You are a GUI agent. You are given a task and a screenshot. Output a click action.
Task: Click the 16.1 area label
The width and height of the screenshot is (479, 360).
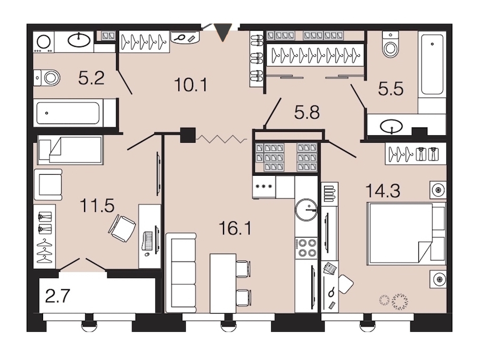(235, 228)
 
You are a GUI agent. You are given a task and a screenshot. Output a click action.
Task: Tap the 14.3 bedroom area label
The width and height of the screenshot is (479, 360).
(383, 191)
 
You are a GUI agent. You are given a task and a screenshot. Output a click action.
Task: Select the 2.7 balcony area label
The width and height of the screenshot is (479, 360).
(57, 296)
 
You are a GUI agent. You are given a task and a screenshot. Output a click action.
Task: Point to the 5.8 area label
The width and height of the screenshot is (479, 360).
(307, 112)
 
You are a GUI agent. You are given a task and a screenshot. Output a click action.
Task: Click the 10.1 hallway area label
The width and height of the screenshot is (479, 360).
(191, 85)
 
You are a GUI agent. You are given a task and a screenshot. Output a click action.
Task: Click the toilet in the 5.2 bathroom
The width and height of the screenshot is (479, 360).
(47, 78)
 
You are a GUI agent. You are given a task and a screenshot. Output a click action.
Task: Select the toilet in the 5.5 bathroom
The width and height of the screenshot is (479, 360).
(390, 45)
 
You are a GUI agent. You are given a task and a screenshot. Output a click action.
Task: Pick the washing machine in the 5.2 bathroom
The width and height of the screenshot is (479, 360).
(44, 42)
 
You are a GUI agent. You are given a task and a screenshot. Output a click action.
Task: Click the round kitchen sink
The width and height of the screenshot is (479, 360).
(306, 210)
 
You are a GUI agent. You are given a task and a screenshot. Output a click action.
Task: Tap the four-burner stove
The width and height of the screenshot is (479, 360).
(307, 248)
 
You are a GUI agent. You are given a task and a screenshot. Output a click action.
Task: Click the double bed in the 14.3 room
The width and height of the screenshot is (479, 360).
(406, 233)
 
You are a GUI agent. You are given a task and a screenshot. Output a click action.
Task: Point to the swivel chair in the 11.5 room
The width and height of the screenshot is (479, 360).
(121, 228)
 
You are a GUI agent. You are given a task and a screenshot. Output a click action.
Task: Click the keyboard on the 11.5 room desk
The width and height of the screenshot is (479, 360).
(148, 241)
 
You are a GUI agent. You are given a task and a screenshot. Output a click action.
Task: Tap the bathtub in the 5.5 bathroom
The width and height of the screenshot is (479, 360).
(432, 64)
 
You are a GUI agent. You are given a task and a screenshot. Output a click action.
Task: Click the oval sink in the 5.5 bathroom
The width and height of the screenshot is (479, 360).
(391, 126)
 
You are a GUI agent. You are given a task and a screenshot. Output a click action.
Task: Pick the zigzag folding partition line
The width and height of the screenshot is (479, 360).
(221, 139)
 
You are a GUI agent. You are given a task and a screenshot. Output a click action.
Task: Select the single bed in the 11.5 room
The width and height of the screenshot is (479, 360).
(70, 150)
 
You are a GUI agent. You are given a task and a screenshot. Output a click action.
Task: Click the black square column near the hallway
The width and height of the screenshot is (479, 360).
(187, 135)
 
